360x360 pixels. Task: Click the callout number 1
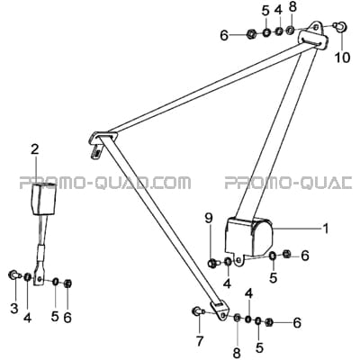[x=325, y=229]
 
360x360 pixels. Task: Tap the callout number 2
[x=35, y=150]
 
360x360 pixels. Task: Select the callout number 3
[x=14, y=309]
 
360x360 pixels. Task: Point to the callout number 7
[x=200, y=341]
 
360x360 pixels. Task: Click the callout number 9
[x=209, y=220]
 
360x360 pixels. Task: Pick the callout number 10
[x=342, y=57]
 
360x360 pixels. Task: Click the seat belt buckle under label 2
[x=44, y=199]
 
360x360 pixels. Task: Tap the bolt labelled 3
[x=14, y=274]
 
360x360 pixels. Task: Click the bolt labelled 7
[x=198, y=311]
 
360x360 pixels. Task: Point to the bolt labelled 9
[x=213, y=264]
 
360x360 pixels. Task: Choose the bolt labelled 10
[x=341, y=26]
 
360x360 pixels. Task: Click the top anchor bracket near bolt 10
[x=313, y=35]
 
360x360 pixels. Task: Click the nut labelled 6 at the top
[x=250, y=34]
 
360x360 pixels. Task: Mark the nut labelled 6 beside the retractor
[x=286, y=255]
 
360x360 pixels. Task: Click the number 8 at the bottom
[x=237, y=353]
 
